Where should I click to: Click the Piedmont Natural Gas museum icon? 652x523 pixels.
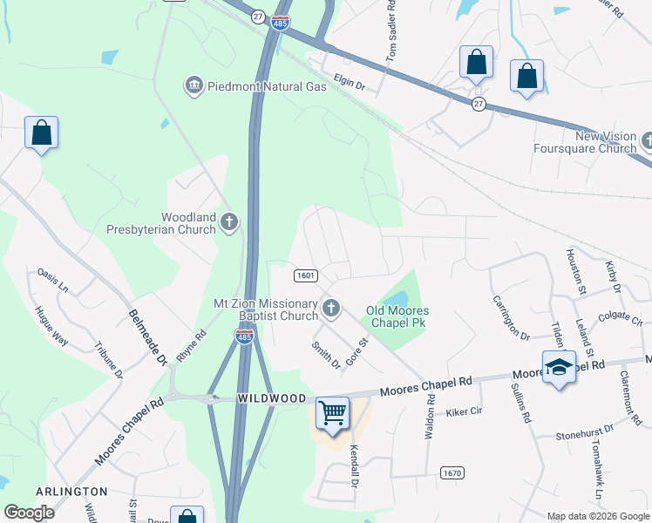(x=194, y=85)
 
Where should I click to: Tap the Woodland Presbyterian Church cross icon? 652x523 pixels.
(x=229, y=222)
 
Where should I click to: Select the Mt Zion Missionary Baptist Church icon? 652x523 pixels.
(x=330, y=307)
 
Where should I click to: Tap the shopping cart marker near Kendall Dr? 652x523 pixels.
(x=333, y=412)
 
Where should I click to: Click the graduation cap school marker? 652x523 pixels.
(x=558, y=367)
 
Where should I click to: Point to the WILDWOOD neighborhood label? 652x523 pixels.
(x=272, y=398)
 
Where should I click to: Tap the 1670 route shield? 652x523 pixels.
(x=452, y=473)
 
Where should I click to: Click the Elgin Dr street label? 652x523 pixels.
(x=347, y=87)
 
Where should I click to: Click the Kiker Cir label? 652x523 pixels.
(x=464, y=411)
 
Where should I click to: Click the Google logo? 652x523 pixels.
(x=29, y=513)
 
